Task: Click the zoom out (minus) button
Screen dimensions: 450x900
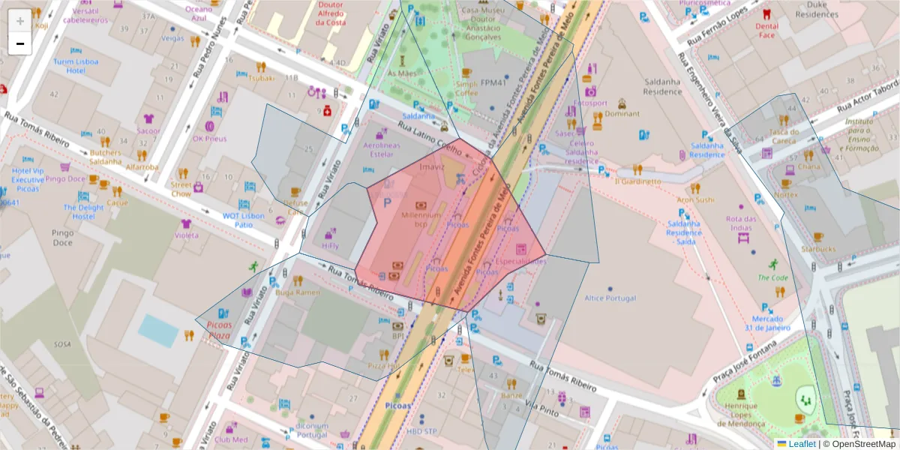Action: tap(20, 43)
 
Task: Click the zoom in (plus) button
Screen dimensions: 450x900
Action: tap(20, 21)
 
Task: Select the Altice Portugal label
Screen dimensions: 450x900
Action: tap(610, 298)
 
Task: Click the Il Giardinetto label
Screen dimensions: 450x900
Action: tap(637, 181)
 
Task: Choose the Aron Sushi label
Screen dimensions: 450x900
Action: tap(695, 199)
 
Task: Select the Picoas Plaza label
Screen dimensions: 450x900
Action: tap(219, 330)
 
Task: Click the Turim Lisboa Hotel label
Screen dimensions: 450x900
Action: tap(76, 66)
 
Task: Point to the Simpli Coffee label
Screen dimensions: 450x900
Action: tap(466, 88)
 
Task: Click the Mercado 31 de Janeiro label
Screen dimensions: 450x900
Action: tap(768, 322)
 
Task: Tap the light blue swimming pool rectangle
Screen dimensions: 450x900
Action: tap(158, 330)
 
